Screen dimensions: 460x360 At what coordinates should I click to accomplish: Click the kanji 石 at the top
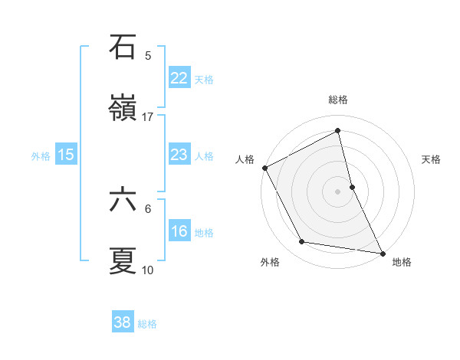pyautogui.click(x=123, y=47)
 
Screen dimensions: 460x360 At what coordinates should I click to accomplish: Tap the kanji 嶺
pyautogui.click(x=123, y=109)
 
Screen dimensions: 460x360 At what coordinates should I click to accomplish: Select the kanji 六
pyautogui.click(x=123, y=200)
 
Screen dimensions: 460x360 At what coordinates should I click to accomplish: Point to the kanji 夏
pyautogui.click(x=123, y=261)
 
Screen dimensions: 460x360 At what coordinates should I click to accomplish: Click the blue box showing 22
pyautogui.click(x=179, y=78)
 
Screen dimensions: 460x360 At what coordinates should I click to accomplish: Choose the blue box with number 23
pyautogui.click(x=179, y=155)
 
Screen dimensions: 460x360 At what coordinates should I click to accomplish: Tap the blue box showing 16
pyautogui.click(x=179, y=231)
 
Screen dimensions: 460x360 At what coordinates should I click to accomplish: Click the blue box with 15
pyautogui.click(x=66, y=155)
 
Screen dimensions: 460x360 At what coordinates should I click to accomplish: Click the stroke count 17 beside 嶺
pyautogui.click(x=148, y=117)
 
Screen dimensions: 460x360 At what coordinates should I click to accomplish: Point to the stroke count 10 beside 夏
pyautogui.click(x=148, y=270)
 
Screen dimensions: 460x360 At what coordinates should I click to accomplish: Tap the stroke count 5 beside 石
pyautogui.click(x=148, y=55)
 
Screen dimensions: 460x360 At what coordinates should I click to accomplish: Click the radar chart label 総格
pyautogui.click(x=338, y=100)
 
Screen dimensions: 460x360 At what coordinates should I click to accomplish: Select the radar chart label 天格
pyautogui.click(x=432, y=159)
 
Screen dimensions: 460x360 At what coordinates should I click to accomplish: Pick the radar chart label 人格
pyautogui.click(x=245, y=159)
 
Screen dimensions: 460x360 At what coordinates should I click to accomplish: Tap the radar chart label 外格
pyautogui.click(x=270, y=262)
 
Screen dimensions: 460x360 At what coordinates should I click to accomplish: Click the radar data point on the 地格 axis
pyautogui.click(x=382, y=252)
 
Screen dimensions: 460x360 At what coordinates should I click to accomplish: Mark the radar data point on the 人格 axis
pyautogui.click(x=264, y=168)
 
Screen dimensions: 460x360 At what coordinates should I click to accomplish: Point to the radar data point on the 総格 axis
pyautogui.click(x=338, y=132)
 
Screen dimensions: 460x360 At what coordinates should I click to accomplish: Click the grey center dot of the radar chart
pyautogui.click(x=338, y=191)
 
